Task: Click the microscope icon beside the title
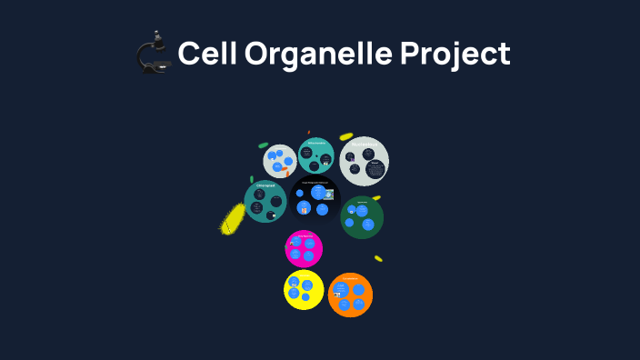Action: point(154,53)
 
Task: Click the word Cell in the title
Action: point(205,54)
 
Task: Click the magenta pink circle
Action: point(304,248)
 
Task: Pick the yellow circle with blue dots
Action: point(303,289)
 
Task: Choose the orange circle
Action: point(350,295)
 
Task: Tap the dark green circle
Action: point(362,217)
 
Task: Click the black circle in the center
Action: point(315,198)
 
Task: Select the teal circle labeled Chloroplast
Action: point(265,201)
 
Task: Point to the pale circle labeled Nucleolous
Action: point(365,161)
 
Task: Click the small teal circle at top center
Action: point(316,155)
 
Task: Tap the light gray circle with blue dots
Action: point(280,161)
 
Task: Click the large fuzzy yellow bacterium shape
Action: point(233,219)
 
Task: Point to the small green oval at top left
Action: point(263,145)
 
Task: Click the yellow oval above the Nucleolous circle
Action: point(346,136)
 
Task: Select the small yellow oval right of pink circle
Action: point(378,258)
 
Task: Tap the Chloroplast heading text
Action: point(265,185)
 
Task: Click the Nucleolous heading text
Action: point(365,144)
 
